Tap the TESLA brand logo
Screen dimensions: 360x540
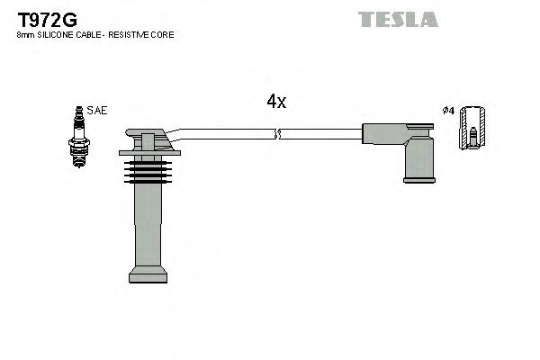pos(398,19)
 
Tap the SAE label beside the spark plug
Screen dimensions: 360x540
pos(98,111)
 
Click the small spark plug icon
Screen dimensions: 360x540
pos(78,136)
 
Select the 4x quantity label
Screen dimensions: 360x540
pos(276,102)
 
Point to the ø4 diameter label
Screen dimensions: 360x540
pos(448,111)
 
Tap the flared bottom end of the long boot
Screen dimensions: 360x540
pos(148,274)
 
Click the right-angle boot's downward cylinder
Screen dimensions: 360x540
pos(418,158)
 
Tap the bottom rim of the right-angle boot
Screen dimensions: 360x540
pos(418,179)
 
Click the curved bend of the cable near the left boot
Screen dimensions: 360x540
pos(176,135)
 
